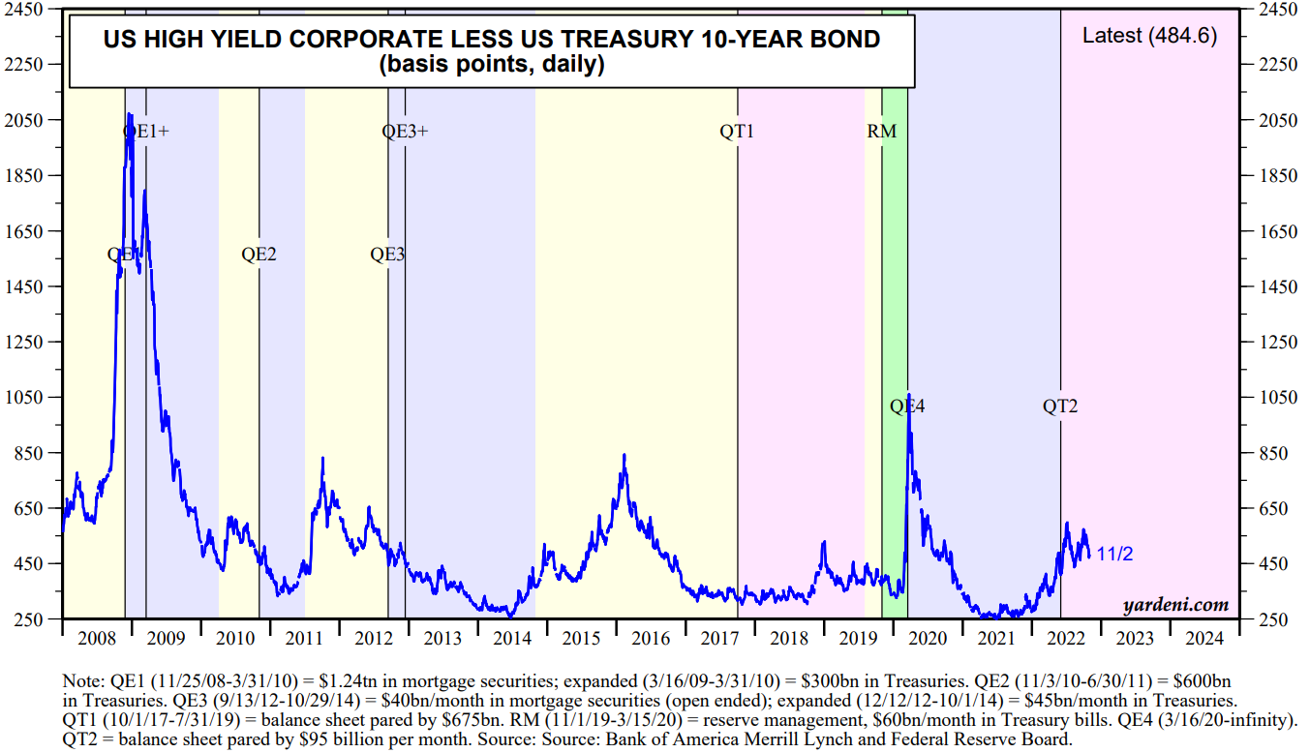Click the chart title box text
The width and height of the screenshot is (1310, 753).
pos(492,51)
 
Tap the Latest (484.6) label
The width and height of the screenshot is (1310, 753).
pos(1149,37)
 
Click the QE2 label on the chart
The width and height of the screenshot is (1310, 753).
pos(259,255)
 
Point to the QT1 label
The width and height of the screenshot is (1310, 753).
pos(736,131)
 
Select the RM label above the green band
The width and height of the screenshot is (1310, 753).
pos(881,131)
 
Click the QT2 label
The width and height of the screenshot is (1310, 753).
pos(1059,407)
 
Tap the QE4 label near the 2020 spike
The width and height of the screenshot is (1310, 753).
pos(907,407)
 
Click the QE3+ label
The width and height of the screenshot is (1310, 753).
pos(405,131)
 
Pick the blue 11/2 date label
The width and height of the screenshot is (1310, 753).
pos(1114,555)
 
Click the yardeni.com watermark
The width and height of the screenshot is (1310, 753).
pos(1175,605)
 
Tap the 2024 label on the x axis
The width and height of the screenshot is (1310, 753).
pos(1203,639)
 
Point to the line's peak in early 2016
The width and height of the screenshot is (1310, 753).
pos(625,455)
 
